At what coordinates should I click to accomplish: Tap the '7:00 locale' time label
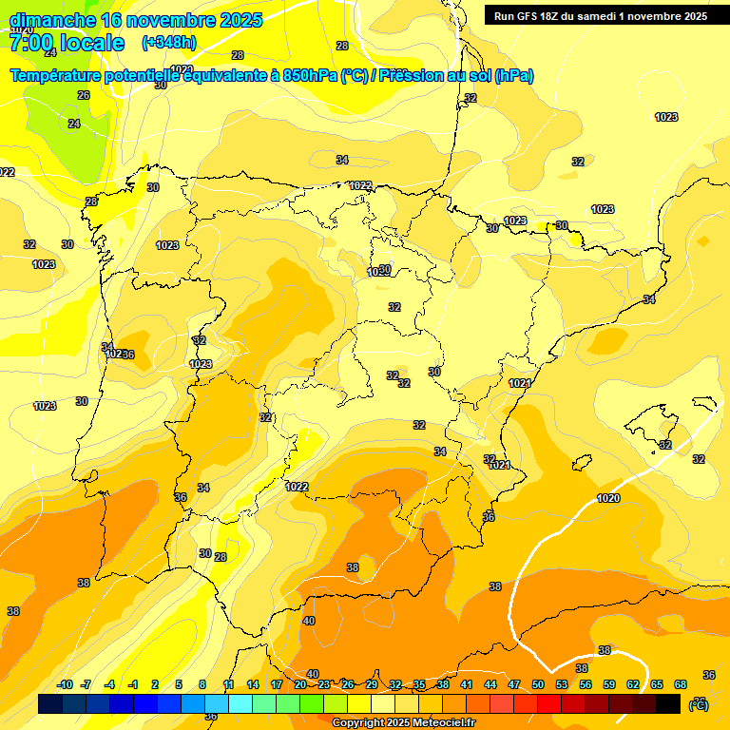(x=67, y=43)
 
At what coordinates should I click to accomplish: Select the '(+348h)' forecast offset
(x=168, y=43)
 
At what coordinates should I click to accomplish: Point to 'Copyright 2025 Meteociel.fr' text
(x=404, y=723)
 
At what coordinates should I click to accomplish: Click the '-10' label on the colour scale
(x=65, y=684)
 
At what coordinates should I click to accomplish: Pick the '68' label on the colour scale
(x=681, y=684)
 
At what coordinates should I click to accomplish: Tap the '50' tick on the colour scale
(x=538, y=684)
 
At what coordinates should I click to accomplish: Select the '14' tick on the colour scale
(x=253, y=684)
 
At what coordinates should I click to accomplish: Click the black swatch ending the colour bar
(x=668, y=703)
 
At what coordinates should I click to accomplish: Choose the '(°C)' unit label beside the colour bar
(x=698, y=704)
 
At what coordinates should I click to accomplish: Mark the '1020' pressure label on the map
(x=608, y=499)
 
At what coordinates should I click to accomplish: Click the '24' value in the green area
(x=74, y=124)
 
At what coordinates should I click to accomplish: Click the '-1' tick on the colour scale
(x=133, y=684)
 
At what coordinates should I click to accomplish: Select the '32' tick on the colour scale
(x=395, y=684)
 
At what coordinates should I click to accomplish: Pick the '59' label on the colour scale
(x=608, y=684)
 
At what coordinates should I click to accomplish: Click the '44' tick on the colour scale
(x=490, y=684)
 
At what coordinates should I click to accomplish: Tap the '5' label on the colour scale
(x=179, y=684)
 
